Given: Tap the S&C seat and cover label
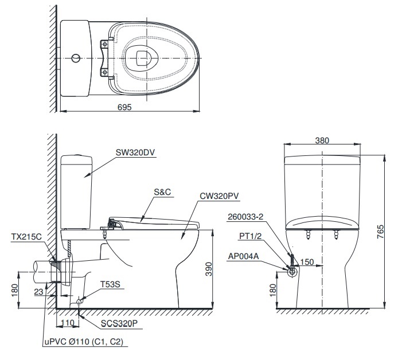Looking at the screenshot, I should (x=163, y=193).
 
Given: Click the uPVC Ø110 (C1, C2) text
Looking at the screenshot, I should (x=84, y=342).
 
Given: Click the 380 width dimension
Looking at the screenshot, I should (x=322, y=140).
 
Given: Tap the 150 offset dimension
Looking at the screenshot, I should (x=307, y=261).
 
